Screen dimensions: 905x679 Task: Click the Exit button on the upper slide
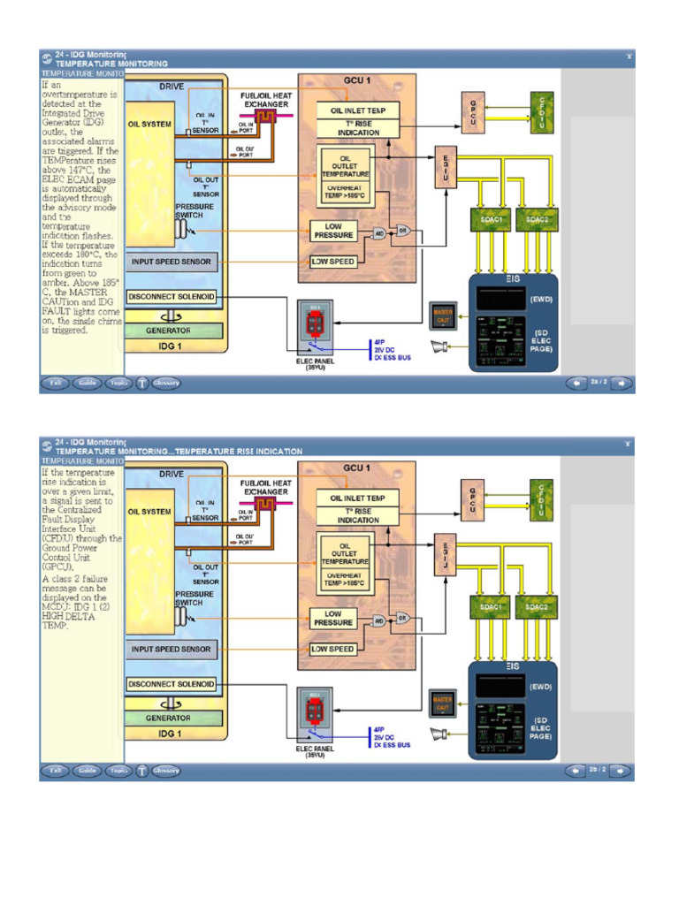(56, 383)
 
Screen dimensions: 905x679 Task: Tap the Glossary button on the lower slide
(165, 770)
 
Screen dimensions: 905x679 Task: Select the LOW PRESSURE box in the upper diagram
(333, 232)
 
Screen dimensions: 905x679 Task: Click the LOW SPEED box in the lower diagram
(333, 649)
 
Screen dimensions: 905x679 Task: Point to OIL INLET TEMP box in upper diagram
(358, 110)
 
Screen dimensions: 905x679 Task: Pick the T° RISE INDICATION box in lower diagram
(358, 514)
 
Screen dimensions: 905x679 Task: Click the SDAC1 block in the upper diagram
(492, 219)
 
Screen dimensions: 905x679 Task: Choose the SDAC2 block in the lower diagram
(537, 607)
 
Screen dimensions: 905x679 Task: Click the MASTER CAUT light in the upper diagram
(442, 315)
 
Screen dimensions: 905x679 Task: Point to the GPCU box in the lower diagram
(472, 500)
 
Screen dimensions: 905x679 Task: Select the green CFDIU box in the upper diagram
(541, 112)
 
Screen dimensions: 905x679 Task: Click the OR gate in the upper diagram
(402, 230)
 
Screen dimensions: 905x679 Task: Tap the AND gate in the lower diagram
(379, 620)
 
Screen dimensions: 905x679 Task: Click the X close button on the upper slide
(629, 56)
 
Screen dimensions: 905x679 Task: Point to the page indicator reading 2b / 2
(599, 770)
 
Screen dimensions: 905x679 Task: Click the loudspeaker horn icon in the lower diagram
(439, 734)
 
